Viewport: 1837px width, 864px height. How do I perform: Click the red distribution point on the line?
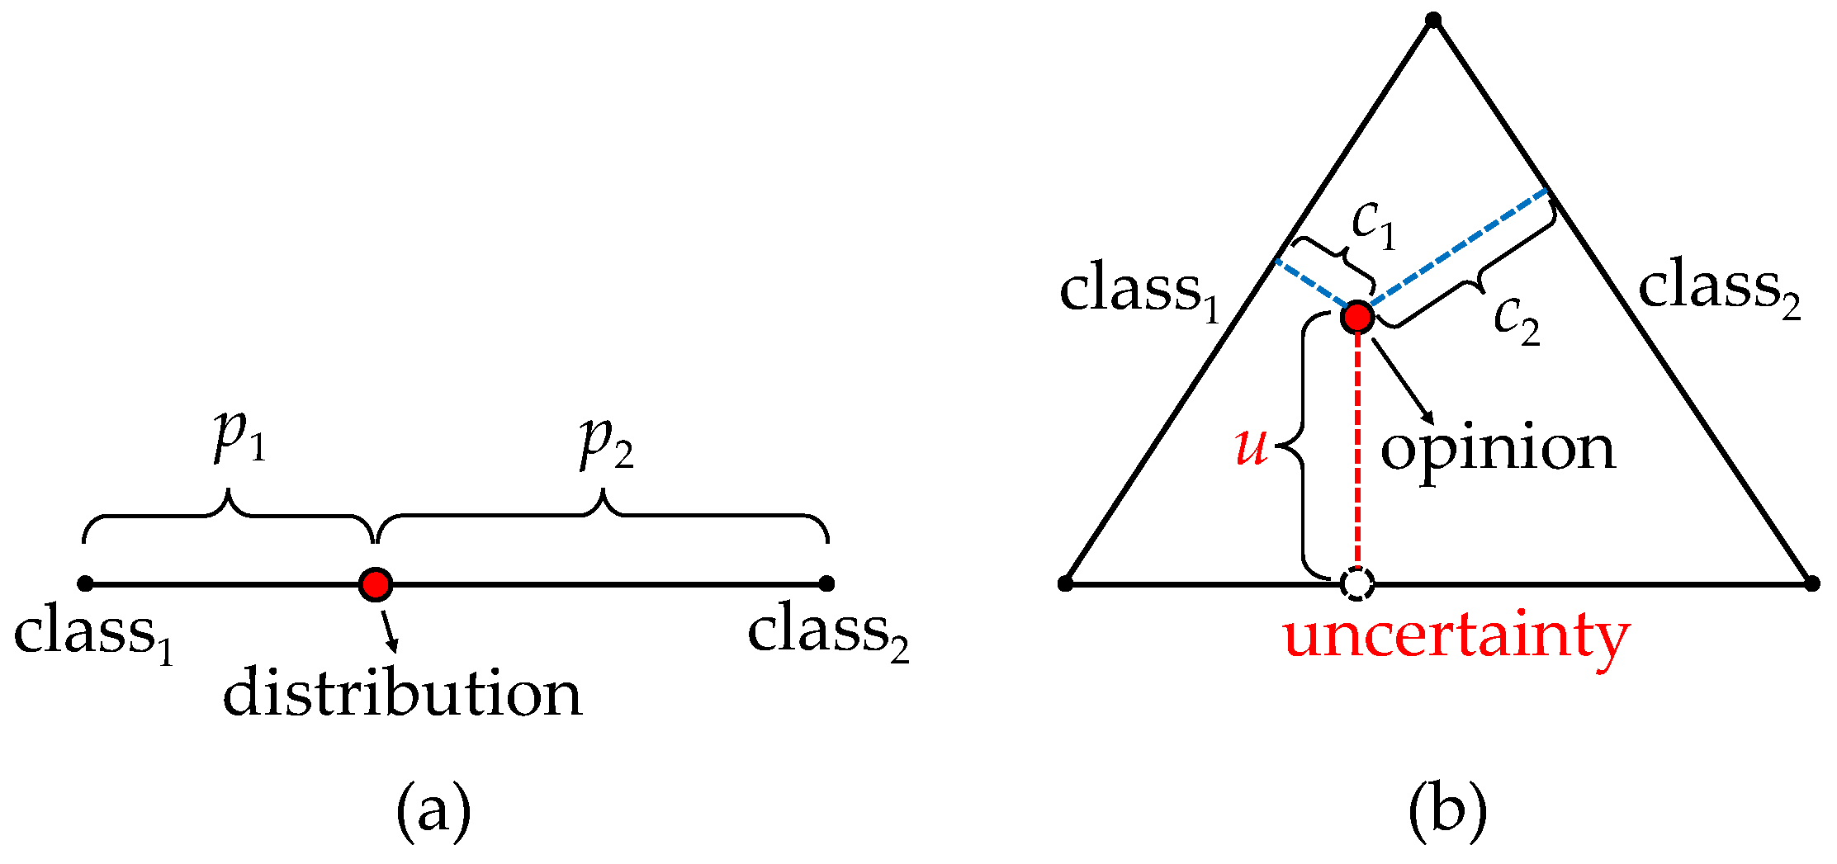pos(376,584)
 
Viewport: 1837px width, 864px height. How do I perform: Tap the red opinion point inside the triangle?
pos(1357,316)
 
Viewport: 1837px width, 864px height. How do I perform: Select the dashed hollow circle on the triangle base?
pos(1356,583)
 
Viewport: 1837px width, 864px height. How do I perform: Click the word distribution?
pos(402,693)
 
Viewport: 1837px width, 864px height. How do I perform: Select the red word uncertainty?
pos(1456,638)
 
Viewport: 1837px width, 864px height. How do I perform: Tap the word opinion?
pos(1498,450)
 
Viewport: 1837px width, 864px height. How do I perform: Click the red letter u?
pos(1251,446)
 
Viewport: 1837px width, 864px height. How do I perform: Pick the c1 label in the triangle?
pos(1373,224)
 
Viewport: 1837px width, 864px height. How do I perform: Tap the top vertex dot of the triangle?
pos(1433,20)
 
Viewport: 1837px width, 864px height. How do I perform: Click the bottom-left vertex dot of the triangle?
pos(1065,584)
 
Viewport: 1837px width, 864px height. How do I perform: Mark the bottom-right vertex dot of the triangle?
pos(1811,584)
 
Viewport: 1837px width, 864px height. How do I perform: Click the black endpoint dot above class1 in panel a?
pos(85,584)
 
